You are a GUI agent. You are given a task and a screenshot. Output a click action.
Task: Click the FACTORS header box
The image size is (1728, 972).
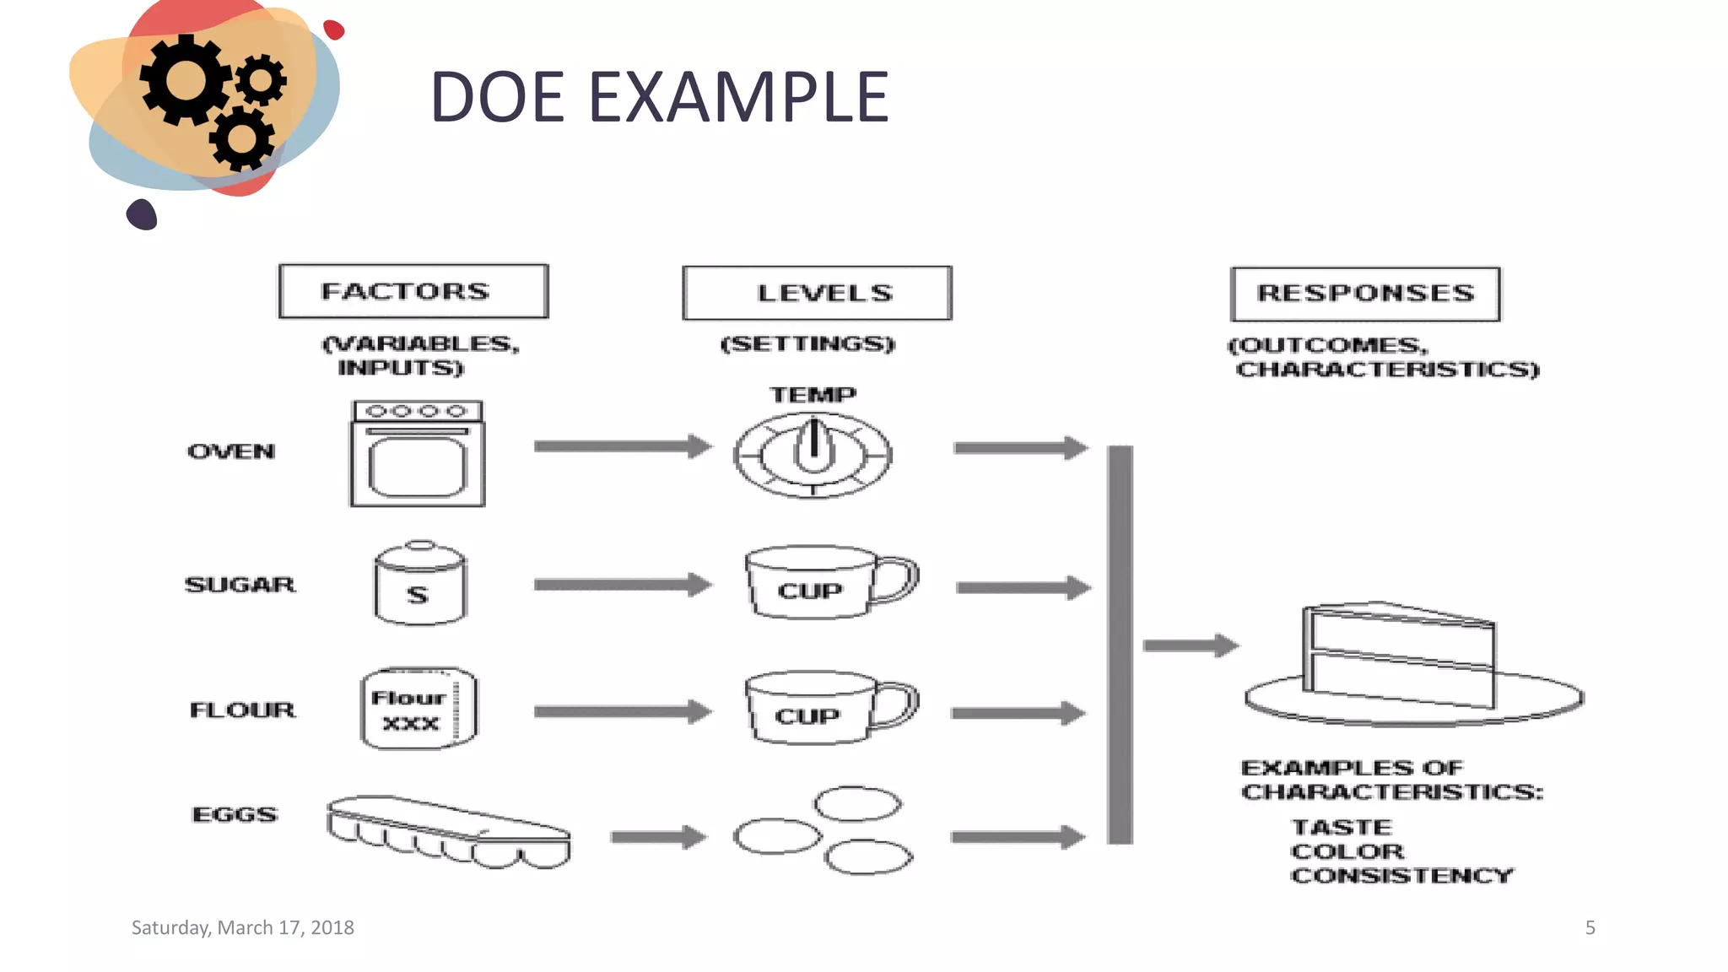tap(413, 291)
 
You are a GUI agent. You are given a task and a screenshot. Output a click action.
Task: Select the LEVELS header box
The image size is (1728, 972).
tap(817, 293)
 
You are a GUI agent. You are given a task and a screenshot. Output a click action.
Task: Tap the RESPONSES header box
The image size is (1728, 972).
tap(1365, 294)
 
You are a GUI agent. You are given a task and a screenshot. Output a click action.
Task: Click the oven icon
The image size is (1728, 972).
tap(418, 454)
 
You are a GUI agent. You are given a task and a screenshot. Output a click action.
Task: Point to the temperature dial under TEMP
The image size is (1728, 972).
tap(813, 456)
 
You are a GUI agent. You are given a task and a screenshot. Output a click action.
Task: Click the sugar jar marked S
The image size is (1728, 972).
tap(419, 584)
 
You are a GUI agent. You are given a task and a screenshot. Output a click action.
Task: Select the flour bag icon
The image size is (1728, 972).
tap(418, 709)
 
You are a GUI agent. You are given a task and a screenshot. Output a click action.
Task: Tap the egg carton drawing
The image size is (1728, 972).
tap(449, 831)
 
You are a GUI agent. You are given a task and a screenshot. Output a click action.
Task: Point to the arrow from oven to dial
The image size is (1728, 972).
tap(623, 446)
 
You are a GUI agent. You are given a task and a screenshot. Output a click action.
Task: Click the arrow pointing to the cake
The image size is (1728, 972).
tap(1191, 646)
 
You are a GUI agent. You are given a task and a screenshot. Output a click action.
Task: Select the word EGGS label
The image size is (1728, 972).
tap(235, 814)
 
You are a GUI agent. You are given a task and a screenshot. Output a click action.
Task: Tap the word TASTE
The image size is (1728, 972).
tap(1342, 827)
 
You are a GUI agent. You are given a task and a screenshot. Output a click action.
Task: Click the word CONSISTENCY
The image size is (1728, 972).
tap(1401, 876)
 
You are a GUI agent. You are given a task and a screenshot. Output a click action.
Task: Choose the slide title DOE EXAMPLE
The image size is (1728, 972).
tap(659, 97)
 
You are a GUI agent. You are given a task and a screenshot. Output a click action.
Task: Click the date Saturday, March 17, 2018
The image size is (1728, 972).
tap(243, 927)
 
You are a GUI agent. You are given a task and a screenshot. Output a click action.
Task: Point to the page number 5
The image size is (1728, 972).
tap(1590, 928)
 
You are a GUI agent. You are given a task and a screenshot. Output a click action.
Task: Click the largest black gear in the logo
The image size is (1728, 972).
tap(184, 81)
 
